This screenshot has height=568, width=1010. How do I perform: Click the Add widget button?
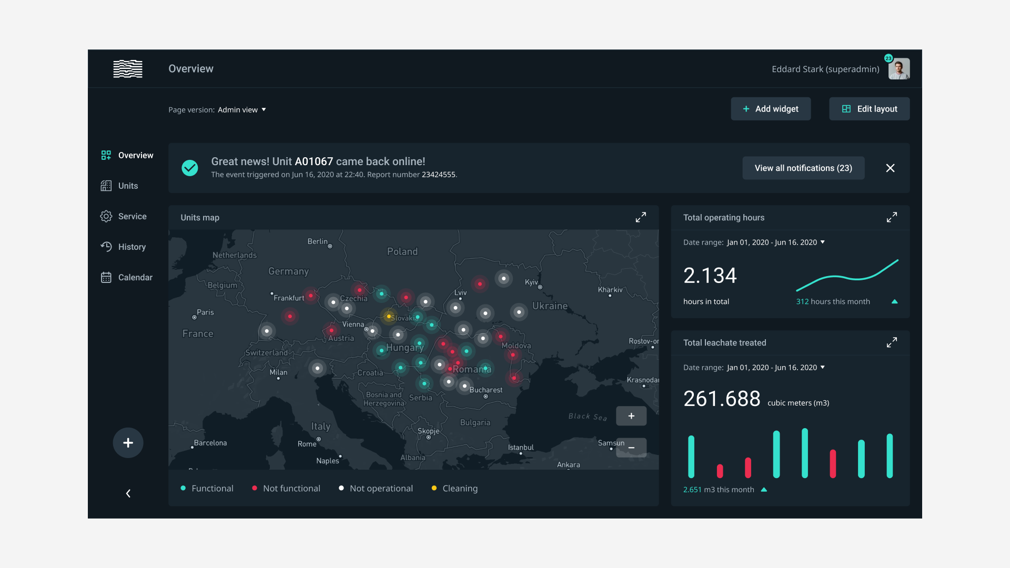tap(771, 109)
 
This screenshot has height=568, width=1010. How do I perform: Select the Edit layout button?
tap(869, 109)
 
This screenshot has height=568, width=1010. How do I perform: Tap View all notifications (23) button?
tap(803, 168)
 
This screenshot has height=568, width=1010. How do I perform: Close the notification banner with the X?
tap(890, 168)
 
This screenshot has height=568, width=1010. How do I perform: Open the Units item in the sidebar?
tap(128, 186)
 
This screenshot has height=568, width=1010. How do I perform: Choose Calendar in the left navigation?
tap(135, 278)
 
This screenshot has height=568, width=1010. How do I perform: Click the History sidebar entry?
tap(132, 247)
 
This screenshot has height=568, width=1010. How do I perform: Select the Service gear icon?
tap(106, 217)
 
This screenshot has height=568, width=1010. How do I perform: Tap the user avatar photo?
tap(899, 69)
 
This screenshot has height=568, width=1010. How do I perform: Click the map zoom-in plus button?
tap(631, 416)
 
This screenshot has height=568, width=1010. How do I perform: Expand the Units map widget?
tap(641, 217)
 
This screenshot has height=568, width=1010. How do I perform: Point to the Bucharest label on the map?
tap(486, 390)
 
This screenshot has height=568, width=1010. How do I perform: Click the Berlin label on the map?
tap(317, 241)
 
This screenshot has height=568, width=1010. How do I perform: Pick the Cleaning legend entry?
tap(459, 489)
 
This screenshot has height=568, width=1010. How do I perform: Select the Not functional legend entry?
tap(291, 489)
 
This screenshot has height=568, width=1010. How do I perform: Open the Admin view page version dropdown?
tap(242, 110)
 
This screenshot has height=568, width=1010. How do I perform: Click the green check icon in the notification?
tap(190, 168)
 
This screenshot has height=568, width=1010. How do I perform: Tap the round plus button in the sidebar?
tap(128, 443)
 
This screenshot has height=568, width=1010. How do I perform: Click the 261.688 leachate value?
tap(722, 399)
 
